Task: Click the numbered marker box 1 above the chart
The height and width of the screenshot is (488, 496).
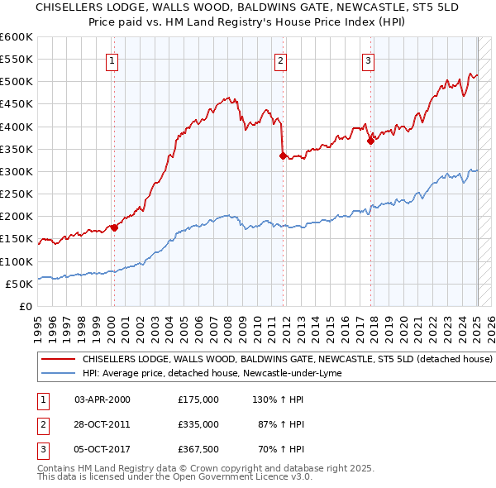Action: pyautogui.click(x=112, y=60)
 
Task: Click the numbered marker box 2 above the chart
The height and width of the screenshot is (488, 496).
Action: pyautogui.click(x=281, y=60)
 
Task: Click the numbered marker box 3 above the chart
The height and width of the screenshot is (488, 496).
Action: pyautogui.click(x=368, y=60)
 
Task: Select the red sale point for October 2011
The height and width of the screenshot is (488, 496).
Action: pyautogui.click(x=283, y=155)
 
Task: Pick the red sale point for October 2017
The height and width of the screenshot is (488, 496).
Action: pyautogui.click(x=370, y=141)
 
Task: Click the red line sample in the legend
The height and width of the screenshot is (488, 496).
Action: pyautogui.click(x=57, y=360)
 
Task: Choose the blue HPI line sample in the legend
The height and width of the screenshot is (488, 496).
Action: pyautogui.click(x=57, y=373)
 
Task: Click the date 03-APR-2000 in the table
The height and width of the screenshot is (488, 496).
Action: pyautogui.click(x=103, y=399)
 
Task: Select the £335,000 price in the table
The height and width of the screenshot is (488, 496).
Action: pyautogui.click(x=198, y=424)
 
